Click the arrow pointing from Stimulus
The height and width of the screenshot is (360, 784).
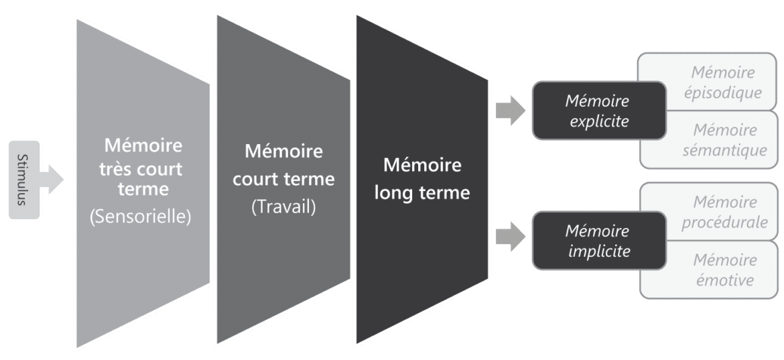tap(54, 179)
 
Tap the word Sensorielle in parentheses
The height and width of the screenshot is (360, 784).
tap(141, 216)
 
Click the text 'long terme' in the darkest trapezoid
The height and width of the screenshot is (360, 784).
tap(422, 192)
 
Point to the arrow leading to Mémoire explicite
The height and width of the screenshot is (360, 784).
tap(511, 111)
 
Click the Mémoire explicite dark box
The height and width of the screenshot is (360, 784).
tap(597, 111)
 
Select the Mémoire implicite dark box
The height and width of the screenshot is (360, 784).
tap(597, 241)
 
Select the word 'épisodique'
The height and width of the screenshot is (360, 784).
tap(724, 92)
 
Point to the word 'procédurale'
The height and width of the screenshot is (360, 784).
tap(725, 221)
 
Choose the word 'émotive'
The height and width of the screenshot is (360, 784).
tap(724, 280)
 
